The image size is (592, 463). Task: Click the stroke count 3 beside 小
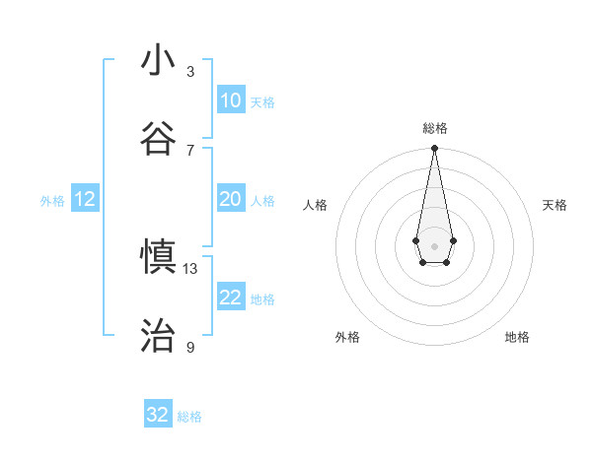190,72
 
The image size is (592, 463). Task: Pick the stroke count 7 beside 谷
190,150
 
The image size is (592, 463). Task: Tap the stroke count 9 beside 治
190,348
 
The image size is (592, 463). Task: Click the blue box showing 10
230,100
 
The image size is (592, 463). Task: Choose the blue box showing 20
230,200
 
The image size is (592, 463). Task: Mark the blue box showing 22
230,298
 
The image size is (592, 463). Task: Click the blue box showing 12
85,200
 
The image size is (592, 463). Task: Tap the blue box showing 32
158,415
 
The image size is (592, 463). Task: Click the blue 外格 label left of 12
52,201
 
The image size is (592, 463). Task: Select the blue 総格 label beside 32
189,417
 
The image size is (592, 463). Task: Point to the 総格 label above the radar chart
434,129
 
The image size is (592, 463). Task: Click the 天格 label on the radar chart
555,205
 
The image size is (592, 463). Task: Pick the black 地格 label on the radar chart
517,337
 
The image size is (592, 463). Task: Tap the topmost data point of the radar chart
434,149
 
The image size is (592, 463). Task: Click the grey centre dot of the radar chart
434,244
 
